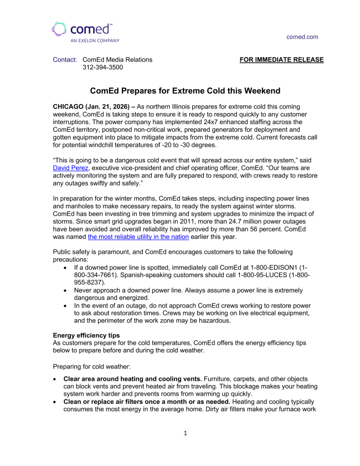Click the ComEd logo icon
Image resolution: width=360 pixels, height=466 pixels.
click(60, 29)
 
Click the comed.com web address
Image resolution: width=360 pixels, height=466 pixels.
click(302, 37)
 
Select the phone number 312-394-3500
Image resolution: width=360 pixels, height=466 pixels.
click(102, 68)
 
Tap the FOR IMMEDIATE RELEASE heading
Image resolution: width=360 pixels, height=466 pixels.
click(281, 60)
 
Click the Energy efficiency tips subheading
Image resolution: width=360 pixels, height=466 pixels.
click(86, 335)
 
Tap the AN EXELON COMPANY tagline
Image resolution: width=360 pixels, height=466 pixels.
click(95, 40)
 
